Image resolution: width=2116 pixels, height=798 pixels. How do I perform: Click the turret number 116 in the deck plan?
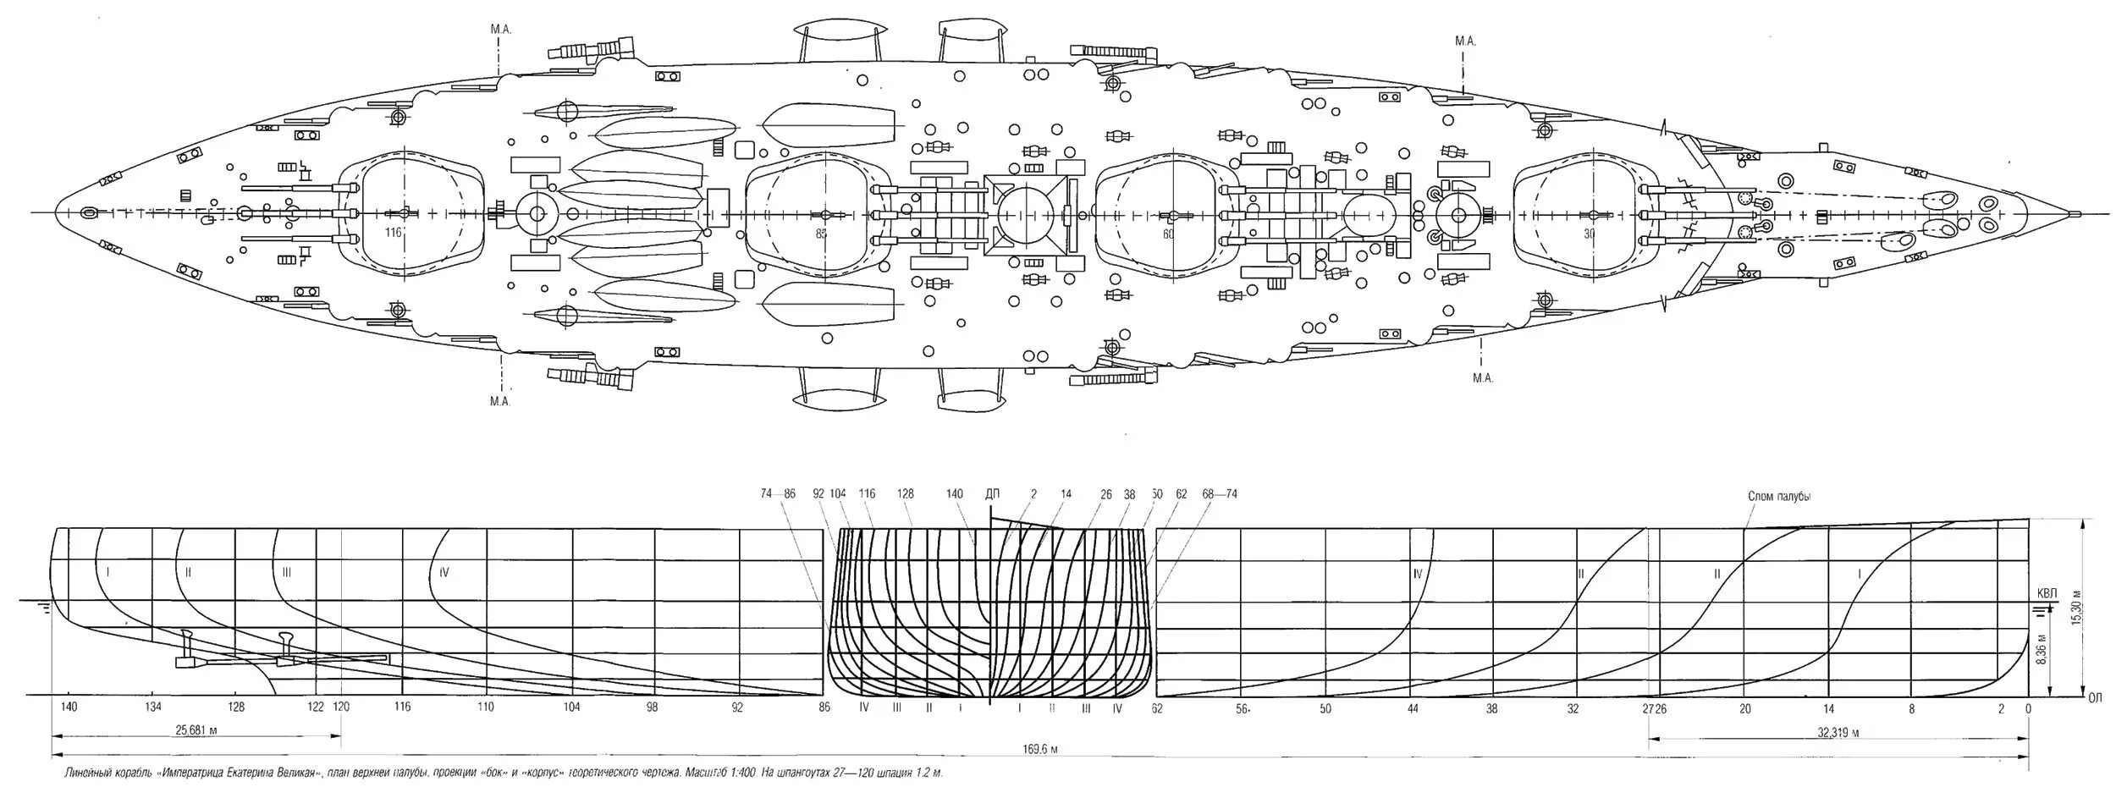click(392, 233)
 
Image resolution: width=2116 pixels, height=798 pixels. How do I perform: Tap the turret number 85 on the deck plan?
click(821, 234)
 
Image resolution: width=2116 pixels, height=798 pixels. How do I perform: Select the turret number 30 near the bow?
click(1589, 234)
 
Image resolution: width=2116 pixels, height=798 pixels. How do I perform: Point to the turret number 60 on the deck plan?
click(1168, 234)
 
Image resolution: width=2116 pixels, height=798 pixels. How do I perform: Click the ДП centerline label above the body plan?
click(993, 494)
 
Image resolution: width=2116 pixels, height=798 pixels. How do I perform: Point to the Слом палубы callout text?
click(1779, 497)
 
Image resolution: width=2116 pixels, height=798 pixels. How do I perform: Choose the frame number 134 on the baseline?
click(152, 707)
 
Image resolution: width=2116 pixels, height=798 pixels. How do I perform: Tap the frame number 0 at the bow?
click(2027, 708)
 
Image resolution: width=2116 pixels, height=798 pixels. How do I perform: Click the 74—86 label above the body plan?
click(779, 494)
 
